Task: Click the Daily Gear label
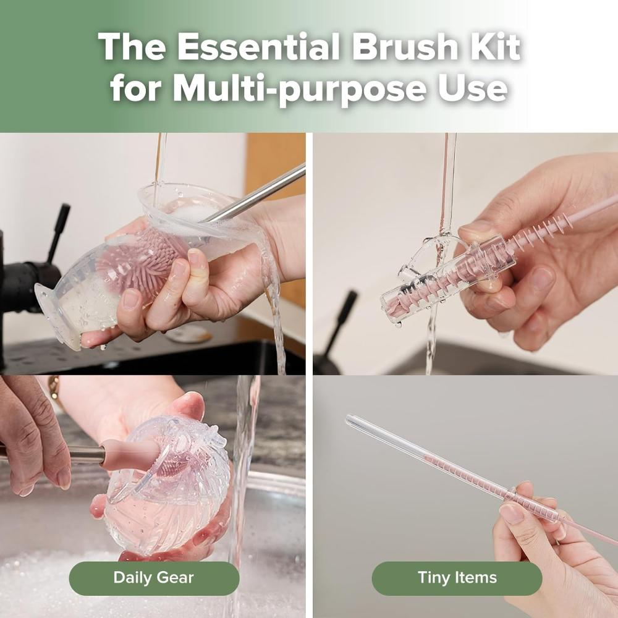pos(153,578)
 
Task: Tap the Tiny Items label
pos(457,578)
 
